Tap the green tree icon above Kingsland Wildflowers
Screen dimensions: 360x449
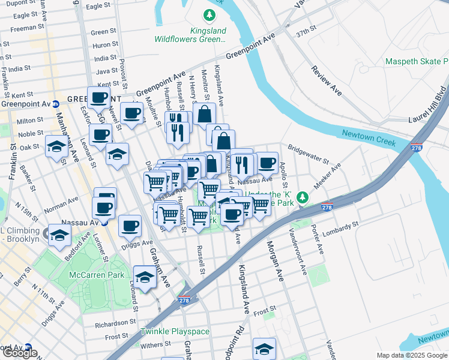209,15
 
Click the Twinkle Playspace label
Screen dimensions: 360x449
175,332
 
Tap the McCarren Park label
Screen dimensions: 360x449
97,275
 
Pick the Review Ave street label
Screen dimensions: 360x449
326,80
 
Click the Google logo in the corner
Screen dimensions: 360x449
20,353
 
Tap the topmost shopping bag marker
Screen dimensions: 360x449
204,113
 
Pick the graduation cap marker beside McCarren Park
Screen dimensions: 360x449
144,277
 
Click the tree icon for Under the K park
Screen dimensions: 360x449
304,196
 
